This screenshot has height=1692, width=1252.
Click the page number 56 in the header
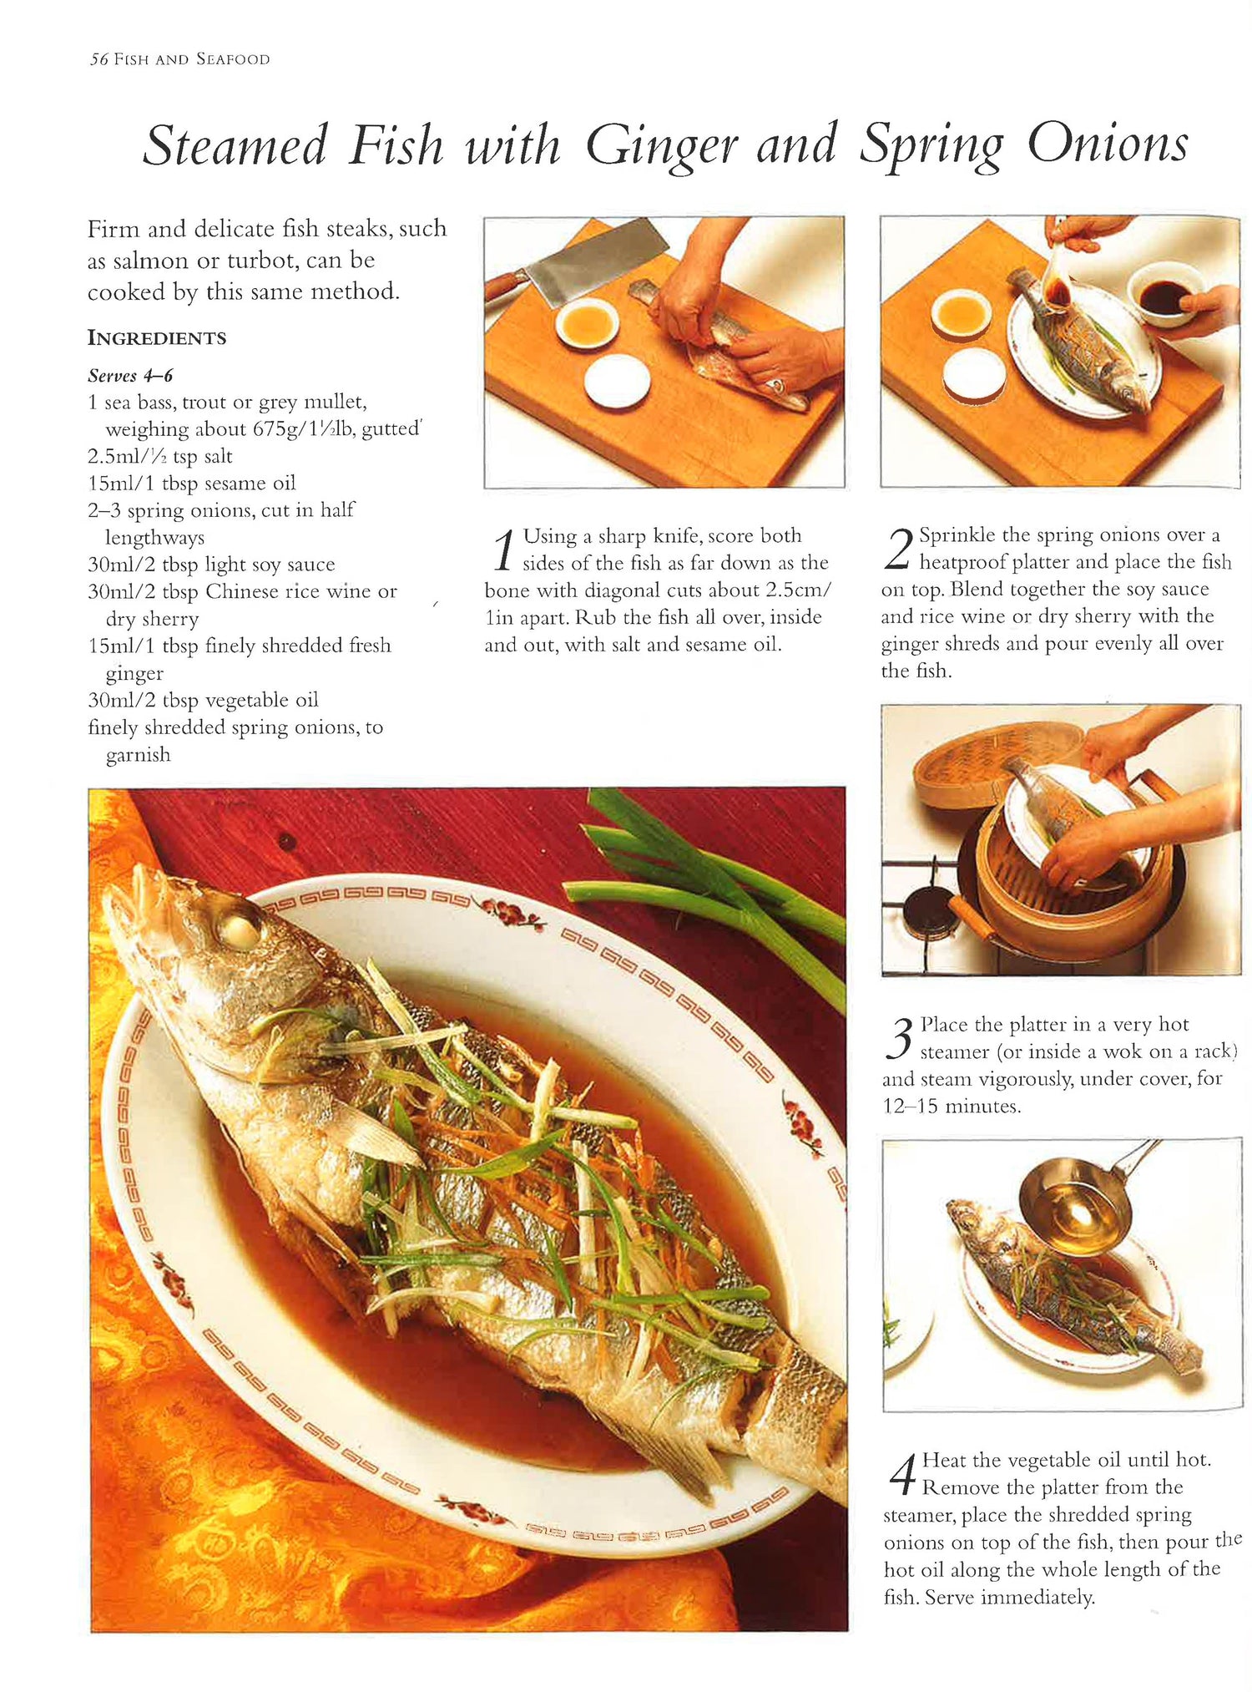(99, 59)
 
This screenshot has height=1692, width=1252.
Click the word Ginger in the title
(661, 146)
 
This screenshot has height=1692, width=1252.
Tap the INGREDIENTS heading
(157, 338)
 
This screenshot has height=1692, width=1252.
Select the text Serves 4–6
(130, 376)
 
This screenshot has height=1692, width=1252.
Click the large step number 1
(502, 551)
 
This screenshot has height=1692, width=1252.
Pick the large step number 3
(900, 1040)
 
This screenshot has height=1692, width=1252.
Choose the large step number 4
(901, 1476)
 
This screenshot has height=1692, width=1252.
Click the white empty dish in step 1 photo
(617, 381)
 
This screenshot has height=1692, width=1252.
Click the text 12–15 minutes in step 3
(952, 1107)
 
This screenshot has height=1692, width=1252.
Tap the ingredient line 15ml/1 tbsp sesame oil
(191, 483)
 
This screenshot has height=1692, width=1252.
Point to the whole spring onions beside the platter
(709, 885)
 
